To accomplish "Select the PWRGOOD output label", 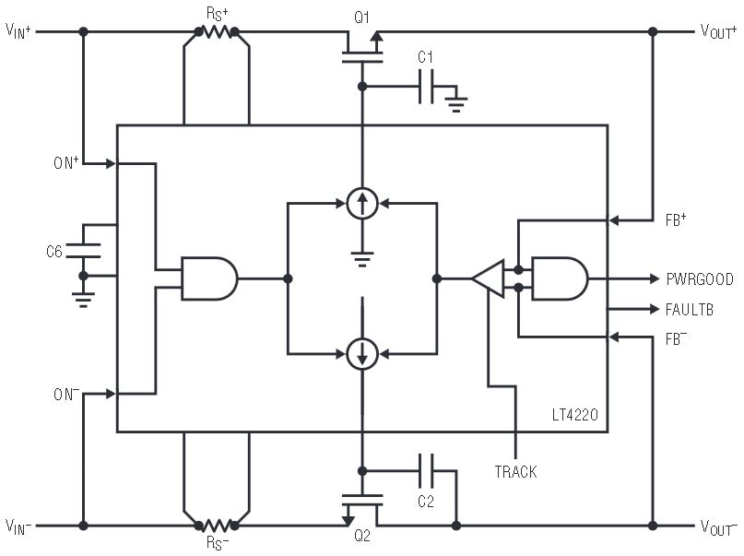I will pos(700,278).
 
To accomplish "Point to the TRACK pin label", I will pos(515,471).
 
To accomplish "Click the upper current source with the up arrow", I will pos(362,203).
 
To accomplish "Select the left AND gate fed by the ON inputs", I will pos(208,278).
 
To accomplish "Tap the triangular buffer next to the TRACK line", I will pos(489,278).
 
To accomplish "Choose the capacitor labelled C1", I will pos(426,88).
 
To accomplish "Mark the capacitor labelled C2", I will pos(425,472).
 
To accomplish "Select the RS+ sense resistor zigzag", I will pos(217,32).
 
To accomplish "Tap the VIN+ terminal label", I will pos(19,31).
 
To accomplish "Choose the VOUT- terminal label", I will pos(718,527).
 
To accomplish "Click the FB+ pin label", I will pos(676,221).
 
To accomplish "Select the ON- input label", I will pos(65,394).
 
